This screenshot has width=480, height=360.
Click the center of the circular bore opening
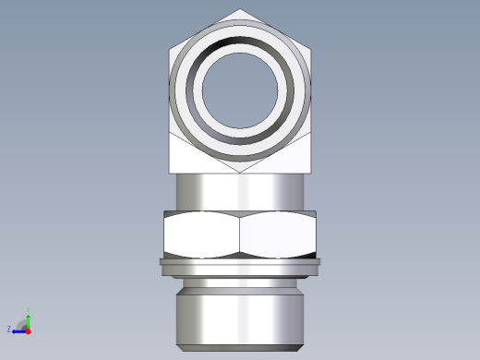[x=240, y=90]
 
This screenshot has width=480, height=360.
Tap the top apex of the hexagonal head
[x=240, y=10]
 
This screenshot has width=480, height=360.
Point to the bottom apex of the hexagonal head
[x=240, y=172]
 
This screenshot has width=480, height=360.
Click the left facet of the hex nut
[x=201, y=234]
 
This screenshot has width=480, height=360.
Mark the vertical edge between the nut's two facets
[x=240, y=234]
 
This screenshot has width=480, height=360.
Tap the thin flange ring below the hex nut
[x=240, y=266]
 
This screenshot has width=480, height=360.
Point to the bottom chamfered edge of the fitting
[x=240, y=347]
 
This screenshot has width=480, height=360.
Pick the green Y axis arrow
[x=29, y=317]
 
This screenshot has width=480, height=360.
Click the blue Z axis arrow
[x=18, y=330]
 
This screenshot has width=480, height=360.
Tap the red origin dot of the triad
[x=29, y=330]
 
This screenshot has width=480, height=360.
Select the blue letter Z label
[x=9, y=329]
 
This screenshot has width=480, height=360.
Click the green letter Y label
[x=29, y=310]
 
